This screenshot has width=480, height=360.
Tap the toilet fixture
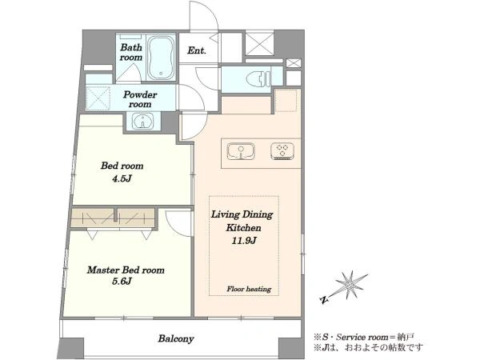[259, 78]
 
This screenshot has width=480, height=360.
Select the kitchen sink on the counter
[241, 151]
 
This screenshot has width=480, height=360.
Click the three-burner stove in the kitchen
[282, 151]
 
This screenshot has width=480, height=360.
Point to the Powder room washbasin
[143, 121]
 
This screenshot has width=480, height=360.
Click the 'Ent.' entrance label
[197, 50]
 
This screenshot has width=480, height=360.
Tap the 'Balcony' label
[176, 339]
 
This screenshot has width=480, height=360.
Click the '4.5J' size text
[122, 178]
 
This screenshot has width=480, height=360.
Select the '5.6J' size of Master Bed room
[122, 281]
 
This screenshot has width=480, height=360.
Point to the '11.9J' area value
[244, 241]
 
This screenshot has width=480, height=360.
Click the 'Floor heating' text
[249, 289]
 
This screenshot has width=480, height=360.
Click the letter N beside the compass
[323, 300]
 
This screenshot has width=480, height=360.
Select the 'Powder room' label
[140, 99]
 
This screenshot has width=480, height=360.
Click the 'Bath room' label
[131, 52]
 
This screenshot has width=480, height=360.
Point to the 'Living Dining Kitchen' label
[242, 221]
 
